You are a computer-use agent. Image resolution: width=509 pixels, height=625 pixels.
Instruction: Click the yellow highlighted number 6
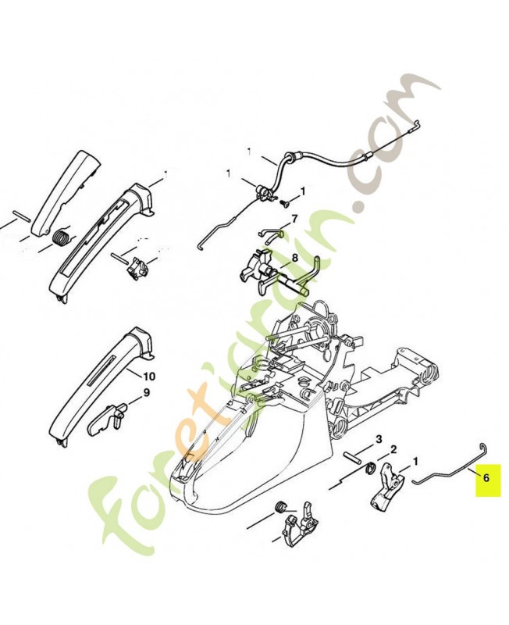(486, 477)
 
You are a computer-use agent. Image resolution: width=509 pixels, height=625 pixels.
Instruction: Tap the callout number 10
(148, 376)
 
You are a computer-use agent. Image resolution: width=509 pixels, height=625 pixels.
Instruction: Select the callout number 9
(146, 393)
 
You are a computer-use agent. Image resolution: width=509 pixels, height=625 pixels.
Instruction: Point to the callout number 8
(294, 258)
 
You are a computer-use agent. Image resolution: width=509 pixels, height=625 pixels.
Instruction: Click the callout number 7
(294, 220)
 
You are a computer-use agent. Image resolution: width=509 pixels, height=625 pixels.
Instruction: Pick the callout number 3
(379, 439)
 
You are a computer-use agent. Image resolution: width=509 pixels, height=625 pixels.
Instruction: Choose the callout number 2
(393, 450)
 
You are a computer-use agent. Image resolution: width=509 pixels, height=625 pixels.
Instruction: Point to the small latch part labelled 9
(107, 419)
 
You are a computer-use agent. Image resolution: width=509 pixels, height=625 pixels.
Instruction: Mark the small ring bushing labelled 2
(370, 467)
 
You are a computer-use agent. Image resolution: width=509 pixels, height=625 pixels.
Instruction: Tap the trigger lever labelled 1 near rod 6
(387, 484)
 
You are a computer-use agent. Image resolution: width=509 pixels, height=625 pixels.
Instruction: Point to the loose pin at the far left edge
(21, 214)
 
